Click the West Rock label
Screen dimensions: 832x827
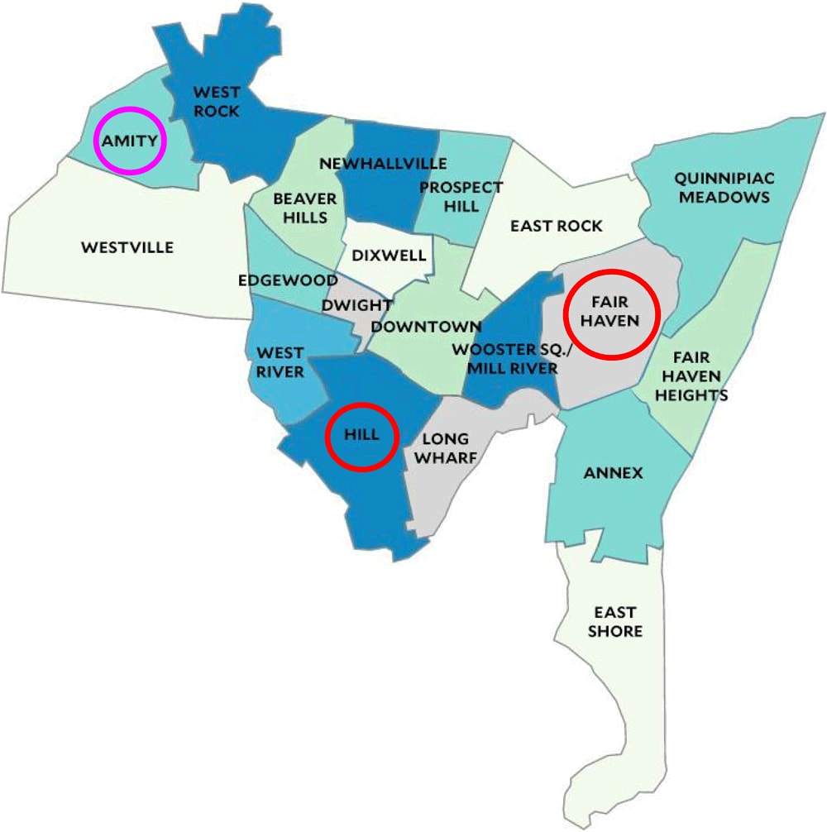click(x=217, y=101)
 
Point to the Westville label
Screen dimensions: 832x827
click(x=127, y=247)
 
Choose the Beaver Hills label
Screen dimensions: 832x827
click(x=305, y=208)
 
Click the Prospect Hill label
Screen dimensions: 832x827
click(x=461, y=196)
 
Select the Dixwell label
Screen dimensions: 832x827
click(x=377, y=255)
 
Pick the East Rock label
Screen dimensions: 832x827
click(x=557, y=226)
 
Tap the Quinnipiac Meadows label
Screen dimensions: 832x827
click(x=722, y=187)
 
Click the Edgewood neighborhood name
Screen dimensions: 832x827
click(x=288, y=281)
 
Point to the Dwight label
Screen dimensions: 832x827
click(x=356, y=305)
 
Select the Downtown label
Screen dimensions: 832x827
click(x=426, y=327)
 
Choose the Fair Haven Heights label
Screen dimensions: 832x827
click(x=691, y=376)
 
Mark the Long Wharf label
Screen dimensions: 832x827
click(x=445, y=447)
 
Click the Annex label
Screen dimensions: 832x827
click(x=613, y=473)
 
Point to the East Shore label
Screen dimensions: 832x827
click(x=614, y=622)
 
